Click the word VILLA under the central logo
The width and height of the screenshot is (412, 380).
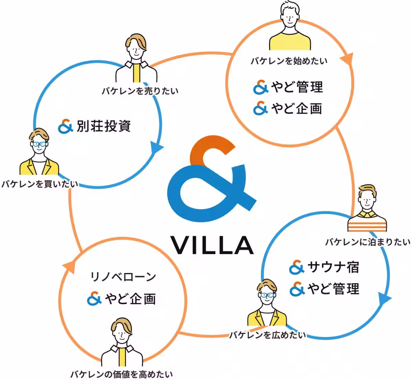[x=212, y=245]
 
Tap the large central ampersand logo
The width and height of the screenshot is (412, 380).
[x=211, y=179]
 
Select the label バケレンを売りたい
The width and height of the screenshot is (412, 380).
[x=140, y=91]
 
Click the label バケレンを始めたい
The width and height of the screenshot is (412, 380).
[x=289, y=61]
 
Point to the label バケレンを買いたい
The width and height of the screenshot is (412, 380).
[x=39, y=184]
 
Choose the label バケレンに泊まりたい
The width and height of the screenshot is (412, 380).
[x=368, y=242]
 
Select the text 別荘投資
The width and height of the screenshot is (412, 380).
[x=104, y=126]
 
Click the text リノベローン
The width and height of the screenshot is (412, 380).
[x=123, y=277]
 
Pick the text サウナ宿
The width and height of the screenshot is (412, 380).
[x=333, y=268]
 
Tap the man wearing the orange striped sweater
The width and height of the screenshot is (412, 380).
[x=367, y=208]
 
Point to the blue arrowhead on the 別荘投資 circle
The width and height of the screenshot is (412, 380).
[x=157, y=147]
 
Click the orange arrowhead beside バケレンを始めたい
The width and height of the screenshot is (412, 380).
[x=347, y=59]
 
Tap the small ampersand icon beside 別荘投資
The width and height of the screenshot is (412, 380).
[x=66, y=126]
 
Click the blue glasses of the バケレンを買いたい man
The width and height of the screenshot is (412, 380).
[x=39, y=144]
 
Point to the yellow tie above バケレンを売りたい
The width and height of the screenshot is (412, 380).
[x=137, y=73]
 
